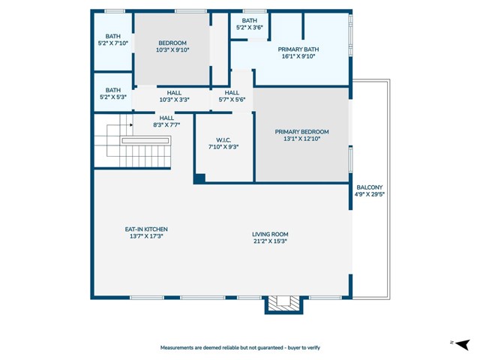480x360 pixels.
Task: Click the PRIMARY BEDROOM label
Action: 301,131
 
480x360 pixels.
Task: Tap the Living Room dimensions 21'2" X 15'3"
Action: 270,241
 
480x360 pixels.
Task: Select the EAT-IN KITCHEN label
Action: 145,229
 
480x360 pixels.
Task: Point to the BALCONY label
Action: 369,187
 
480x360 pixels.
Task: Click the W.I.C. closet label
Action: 223,139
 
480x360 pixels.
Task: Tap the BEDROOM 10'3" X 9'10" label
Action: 172,43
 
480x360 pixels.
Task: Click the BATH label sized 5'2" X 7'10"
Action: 112,36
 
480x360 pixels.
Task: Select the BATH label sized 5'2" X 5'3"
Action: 112,90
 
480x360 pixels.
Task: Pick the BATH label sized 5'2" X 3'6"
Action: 250,21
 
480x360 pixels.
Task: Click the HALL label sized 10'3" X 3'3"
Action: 173,93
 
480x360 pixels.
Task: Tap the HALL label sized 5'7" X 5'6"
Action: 232,93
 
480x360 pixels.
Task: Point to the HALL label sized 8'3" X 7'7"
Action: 166,118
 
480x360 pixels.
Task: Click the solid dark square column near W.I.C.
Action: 199,178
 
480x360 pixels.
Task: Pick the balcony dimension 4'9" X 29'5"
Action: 369,194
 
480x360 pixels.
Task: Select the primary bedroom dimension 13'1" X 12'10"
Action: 301,139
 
